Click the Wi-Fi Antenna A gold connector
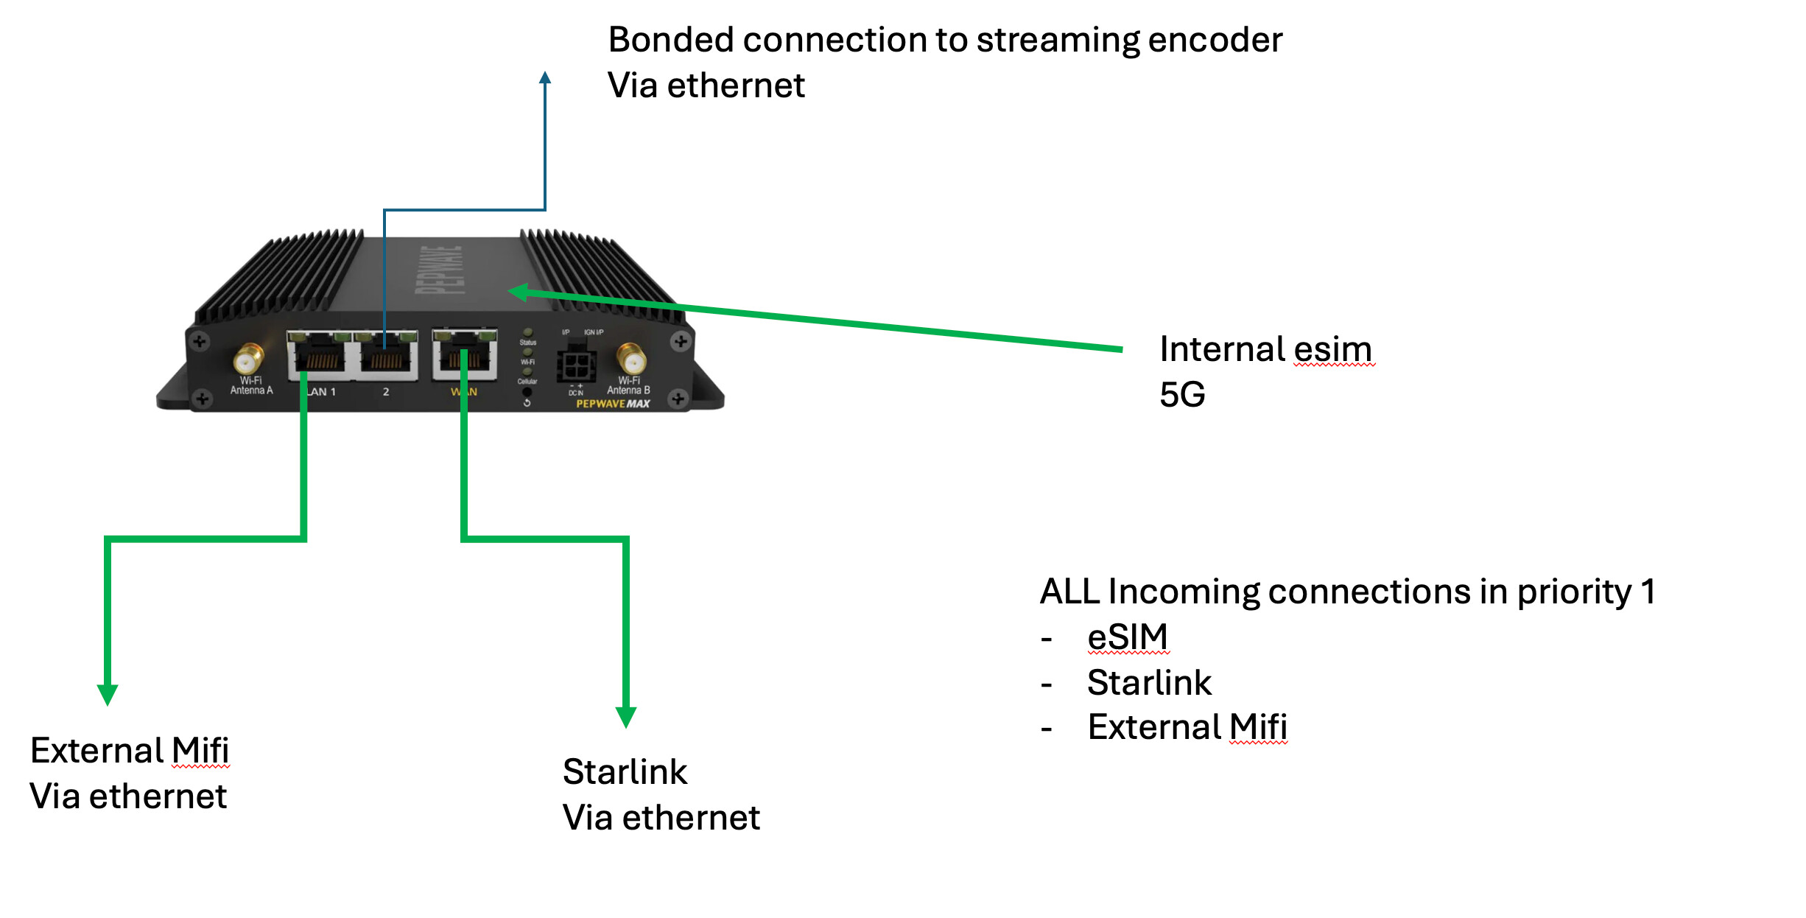[248, 360]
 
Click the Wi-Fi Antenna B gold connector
[631, 360]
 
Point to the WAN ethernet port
[465, 354]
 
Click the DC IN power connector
[576, 364]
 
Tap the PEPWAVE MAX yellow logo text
[613, 404]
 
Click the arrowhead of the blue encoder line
[545, 78]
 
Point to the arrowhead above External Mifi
[108, 694]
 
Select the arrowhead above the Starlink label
[626, 716]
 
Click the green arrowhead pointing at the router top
[518, 292]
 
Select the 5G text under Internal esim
[1182, 395]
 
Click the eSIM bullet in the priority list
[1128, 637]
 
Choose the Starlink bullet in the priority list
[1149, 682]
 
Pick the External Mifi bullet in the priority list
[1187, 727]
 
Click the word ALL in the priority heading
[1069, 592]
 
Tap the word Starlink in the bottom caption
[625, 772]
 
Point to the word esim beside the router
[1333, 349]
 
